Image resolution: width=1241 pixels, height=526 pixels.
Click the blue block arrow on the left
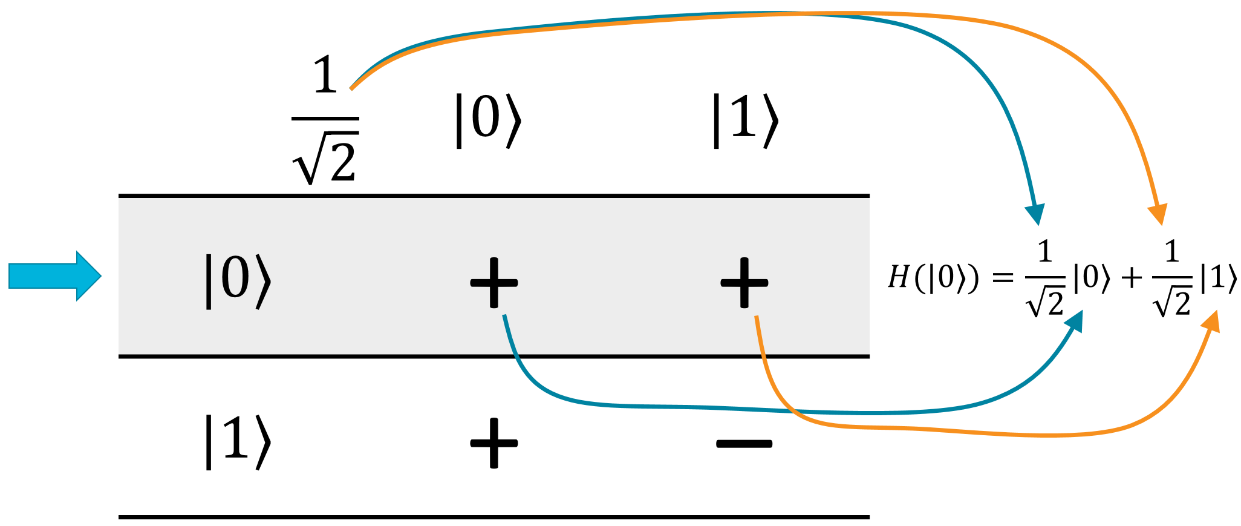click(54, 276)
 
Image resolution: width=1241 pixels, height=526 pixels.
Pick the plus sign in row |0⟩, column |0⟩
click(494, 283)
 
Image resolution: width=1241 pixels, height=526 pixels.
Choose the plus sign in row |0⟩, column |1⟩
click(744, 283)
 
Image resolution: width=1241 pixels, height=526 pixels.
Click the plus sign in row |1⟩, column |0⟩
click(494, 443)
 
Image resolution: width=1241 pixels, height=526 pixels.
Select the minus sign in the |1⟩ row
click(744, 444)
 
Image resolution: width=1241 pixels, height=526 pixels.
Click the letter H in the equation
click(899, 278)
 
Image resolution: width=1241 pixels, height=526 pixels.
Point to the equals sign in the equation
click(1003, 278)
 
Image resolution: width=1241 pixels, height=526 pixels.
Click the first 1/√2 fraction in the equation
click(1045, 278)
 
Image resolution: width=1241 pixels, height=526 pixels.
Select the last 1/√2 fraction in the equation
click(1172, 278)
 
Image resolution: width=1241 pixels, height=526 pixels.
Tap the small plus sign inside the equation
click(1131, 278)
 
